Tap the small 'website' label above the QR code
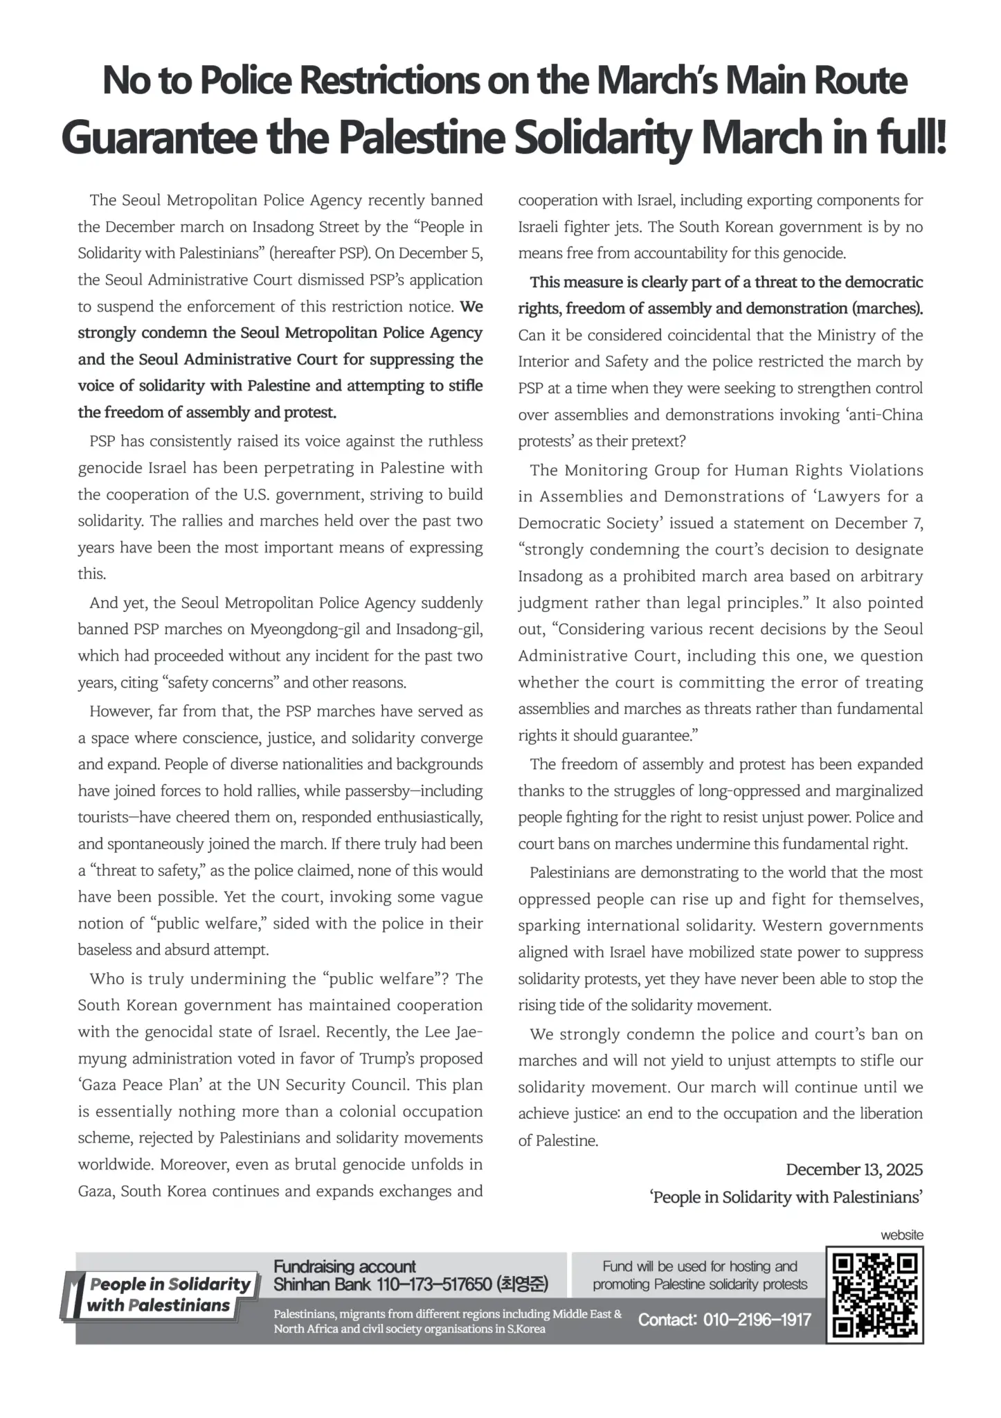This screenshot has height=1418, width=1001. tap(901, 1235)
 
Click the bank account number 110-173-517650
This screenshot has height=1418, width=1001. tap(433, 1284)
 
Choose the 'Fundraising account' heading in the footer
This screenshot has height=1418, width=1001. tap(344, 1266)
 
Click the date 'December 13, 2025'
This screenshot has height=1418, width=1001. tap(854, 1169)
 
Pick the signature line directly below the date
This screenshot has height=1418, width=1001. tap(786, 1197)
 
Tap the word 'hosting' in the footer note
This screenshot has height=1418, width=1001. tap(752, 1266)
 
